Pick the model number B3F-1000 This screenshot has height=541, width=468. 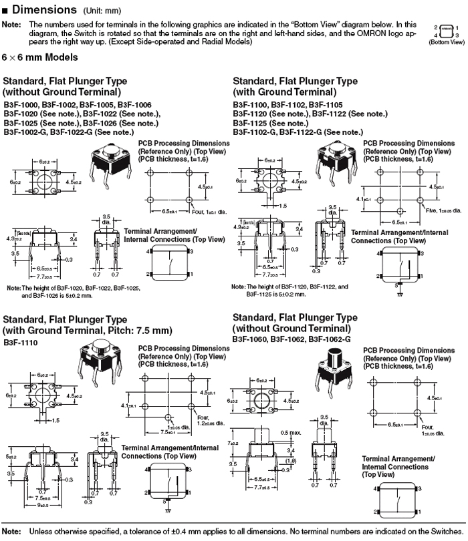[21, 105]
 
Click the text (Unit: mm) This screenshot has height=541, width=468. [102, 11]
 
